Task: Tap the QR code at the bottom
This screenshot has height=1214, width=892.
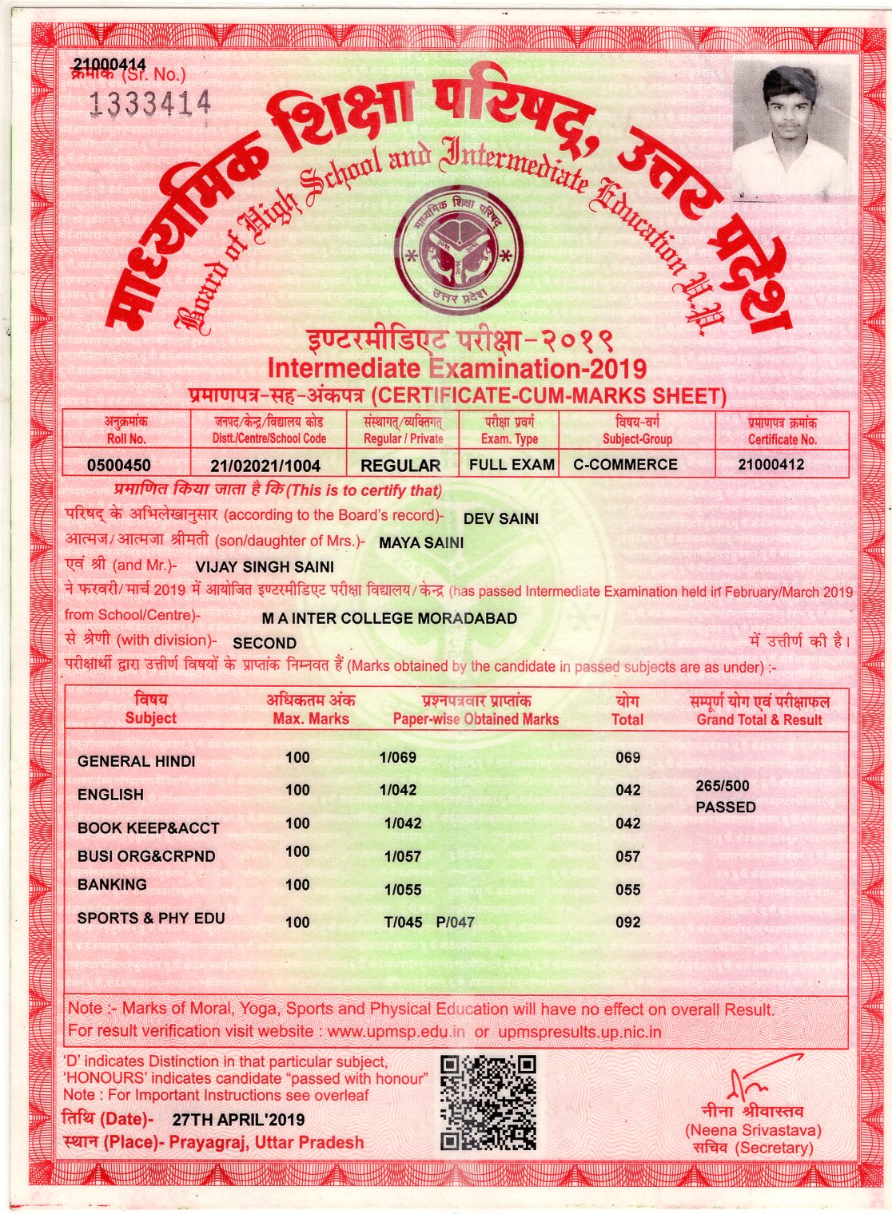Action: point(488,1102)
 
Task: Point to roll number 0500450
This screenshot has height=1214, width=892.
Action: point(118,465)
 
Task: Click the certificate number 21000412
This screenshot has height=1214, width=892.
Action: point(771,464)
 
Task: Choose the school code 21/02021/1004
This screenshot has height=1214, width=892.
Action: point(265,466)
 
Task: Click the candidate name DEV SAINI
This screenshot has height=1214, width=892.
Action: point(501,518)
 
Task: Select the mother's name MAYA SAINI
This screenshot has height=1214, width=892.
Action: point(421,543)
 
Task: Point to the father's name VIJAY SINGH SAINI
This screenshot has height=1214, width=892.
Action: point(265,567)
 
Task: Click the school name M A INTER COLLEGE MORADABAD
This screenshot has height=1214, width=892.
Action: point(389,618)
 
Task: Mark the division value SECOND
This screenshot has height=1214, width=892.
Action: point(265,643)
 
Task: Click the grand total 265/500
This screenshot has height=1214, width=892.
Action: point(723,786)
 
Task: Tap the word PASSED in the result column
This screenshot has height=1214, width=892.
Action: point(726,807)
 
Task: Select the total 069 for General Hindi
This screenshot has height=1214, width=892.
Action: point(628,757)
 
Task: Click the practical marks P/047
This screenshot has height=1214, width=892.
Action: point(456,922)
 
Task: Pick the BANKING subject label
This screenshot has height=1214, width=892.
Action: point(112,884)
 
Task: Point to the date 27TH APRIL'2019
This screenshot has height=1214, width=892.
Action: point(238,1120)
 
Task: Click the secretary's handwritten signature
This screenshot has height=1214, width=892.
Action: point(759,1078)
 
